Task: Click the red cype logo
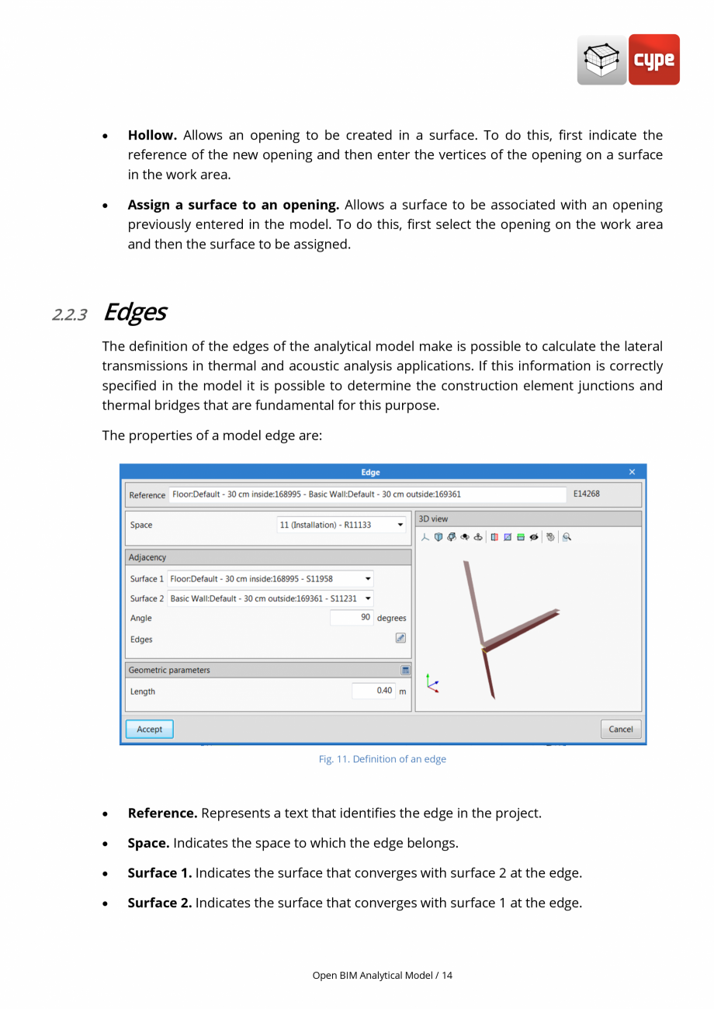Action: [653, 60]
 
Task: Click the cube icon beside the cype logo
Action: [601, 60]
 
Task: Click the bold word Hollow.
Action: [152, 135]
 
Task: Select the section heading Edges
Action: [134, 312]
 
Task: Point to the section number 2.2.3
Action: [69, 314]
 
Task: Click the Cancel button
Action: [620, 730]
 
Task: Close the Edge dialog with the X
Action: [632, 472]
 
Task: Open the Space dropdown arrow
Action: [400, 525]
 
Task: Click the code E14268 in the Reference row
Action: [586, 494]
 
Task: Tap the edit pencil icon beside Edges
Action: [400, 638]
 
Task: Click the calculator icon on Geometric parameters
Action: [405, 670]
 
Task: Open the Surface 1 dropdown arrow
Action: [368, 579]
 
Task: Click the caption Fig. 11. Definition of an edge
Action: [382, 759]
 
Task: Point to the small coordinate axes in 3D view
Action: [432, 684]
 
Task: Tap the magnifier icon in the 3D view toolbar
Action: [567, 537]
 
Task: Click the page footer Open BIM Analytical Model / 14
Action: [382, 975]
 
